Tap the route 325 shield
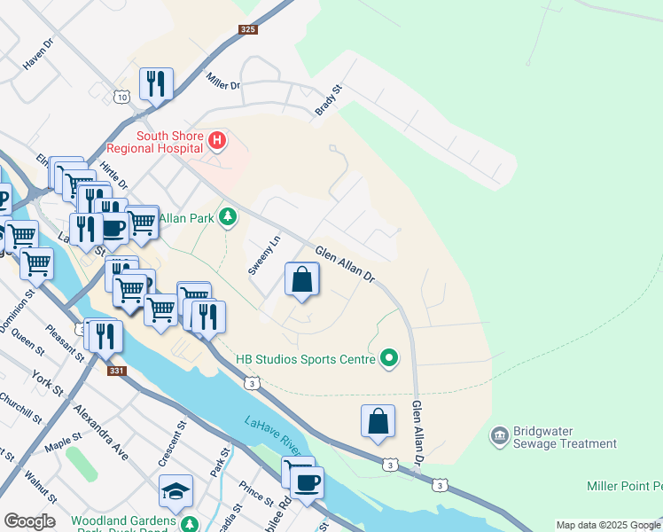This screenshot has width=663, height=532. click(248, 30)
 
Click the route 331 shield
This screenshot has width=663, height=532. click(116, 372)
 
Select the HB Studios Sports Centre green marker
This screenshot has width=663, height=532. click(388, 359)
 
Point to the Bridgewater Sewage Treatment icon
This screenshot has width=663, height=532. click(498, 435)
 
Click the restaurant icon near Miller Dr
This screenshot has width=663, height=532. click(156, 84)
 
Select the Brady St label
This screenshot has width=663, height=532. click(329, 100)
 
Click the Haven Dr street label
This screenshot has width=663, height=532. click(39, 59)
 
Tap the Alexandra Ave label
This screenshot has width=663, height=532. click(101, 434)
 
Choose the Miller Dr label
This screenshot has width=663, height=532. click(223, 81)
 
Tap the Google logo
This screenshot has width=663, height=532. click(29, 521)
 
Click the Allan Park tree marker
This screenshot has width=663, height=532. click(229, 217)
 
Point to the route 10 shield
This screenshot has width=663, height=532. click(121, 97)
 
